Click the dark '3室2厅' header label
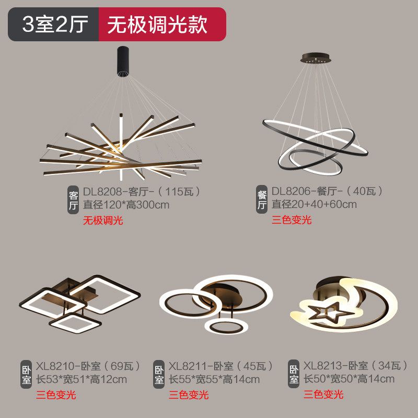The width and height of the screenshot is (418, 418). [55, 24]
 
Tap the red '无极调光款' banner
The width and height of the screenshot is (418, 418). [162, 24]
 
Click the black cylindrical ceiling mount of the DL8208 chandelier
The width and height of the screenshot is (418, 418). [123, 61]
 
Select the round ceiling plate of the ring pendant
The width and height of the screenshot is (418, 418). [316, 58]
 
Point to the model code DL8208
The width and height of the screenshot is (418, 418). [102, 191]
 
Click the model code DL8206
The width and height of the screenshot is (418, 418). [291, 191]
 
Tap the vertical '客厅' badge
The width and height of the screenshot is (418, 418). [73, 200]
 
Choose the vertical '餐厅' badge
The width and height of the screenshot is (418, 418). [262, 200]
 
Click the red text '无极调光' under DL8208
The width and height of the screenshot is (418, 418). [103, 220]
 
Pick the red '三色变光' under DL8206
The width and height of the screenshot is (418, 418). [292, 220]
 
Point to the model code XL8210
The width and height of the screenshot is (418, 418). [55, 366]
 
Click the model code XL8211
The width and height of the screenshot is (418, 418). [188, 366]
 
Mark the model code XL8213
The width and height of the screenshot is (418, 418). [323, 366]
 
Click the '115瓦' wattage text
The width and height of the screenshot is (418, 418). [179, 191]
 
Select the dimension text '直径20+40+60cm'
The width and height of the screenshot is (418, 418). [314, 204]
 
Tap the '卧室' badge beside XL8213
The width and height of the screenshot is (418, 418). [294, 374]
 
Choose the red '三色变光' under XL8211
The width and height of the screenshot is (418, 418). [189, 395]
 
